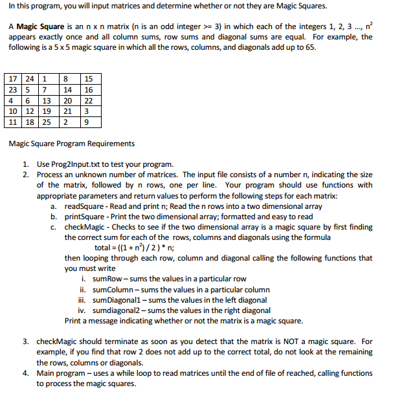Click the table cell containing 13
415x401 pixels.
(47, 101)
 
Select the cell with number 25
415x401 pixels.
(47, 122)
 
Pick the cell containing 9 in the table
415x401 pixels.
(88, 122)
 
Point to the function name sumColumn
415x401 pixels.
(115, 289)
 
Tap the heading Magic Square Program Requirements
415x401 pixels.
(71, 144)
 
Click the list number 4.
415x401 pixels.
(25, 373)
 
